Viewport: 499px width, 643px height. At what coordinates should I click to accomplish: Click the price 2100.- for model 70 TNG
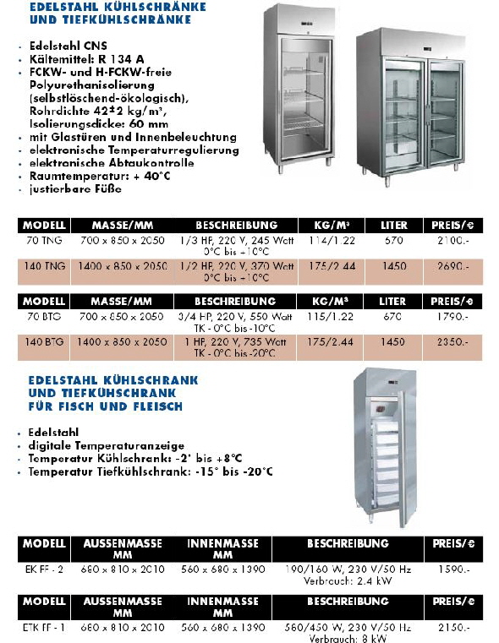[452, 241]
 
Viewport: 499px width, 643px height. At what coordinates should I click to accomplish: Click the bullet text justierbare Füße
[75, 189]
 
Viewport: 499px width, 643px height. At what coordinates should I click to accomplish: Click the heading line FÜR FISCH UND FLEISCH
[105, 406]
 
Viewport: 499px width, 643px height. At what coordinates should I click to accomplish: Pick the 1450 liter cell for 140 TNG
[393, 266]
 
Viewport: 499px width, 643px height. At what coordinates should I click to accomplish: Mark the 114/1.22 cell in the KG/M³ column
[331, 241]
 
